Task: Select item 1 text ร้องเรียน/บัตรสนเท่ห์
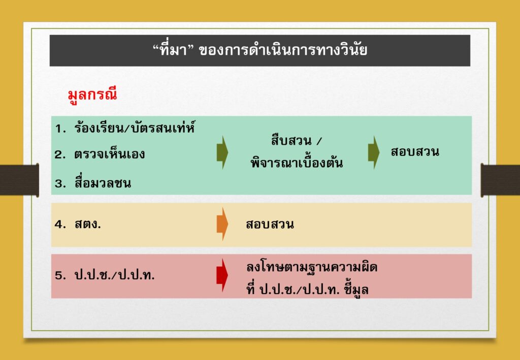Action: pyautogui.click(x=134, y=128)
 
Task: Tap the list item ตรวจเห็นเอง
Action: pyautogui.click(x=110, y=154)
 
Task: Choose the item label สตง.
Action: pyautogui.click(x=88, y=225)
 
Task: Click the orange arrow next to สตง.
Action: pyautogui.click(x=222, y=224)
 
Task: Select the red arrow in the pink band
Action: pyautogui.click(x=222, y=275)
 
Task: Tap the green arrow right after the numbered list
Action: pyautogui.click(x=222, y=152)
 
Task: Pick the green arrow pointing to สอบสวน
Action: pyautogui.click(x=374, y=152)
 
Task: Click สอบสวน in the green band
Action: pyautogui.click(x=415, y=152)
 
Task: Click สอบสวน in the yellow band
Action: pyautogui.click(x=270, y=224)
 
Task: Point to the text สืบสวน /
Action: pyautogui.click(x=296, y=141)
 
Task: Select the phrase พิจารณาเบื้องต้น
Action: pyautogui.click(x=297, y=163)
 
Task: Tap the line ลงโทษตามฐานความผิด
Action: pyautogui.click(x=312, y=267)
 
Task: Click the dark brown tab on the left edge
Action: pyautogui.click(x=19, y=180)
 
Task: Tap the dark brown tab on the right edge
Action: pyautogui.click(x=500, y=180)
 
